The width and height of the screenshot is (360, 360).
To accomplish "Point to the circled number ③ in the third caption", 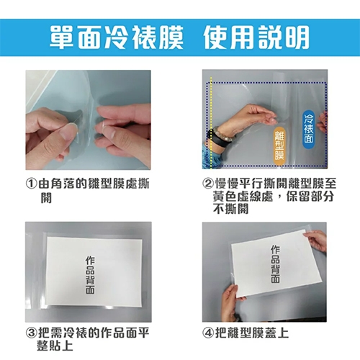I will [x=32, y=333].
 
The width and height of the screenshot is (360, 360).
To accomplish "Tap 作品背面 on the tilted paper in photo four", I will [x=274, y=265].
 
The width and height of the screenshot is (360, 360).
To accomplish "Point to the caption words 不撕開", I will [x=233, y=210].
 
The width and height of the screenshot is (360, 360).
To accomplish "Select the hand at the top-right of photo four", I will [x=318, y=238].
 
